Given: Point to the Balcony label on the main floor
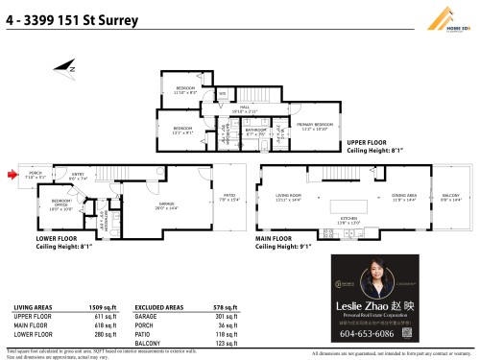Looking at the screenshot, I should pos(449,196).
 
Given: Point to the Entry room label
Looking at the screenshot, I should pos(78,177).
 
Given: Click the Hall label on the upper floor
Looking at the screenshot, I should pos(246,108).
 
